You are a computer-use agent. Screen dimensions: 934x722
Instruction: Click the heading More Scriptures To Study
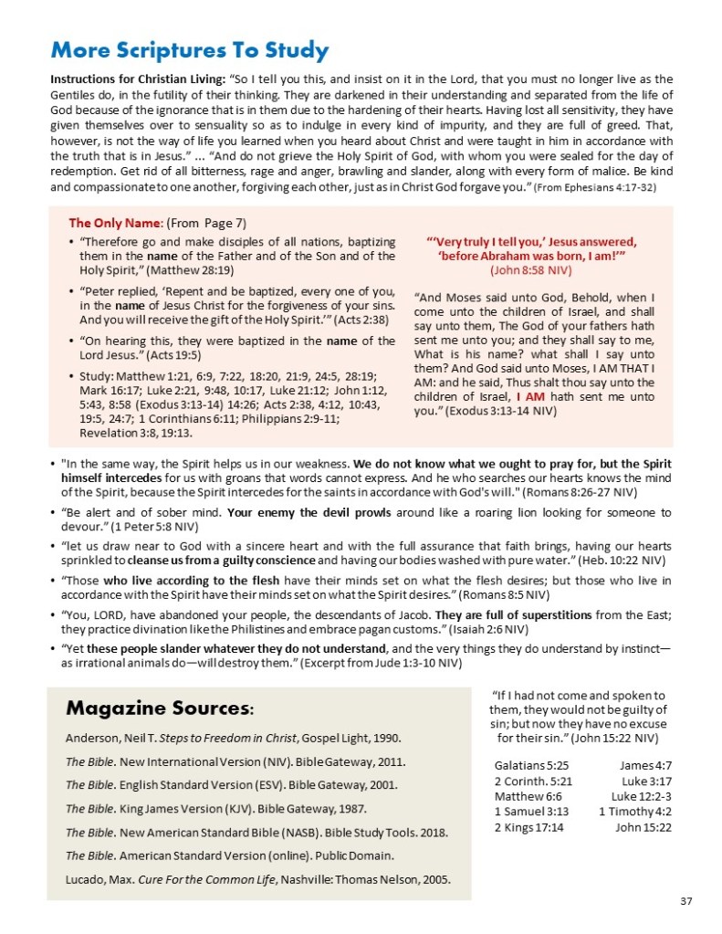click(190, 49)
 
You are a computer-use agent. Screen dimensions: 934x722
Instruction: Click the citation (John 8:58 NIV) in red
click(531, 270)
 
